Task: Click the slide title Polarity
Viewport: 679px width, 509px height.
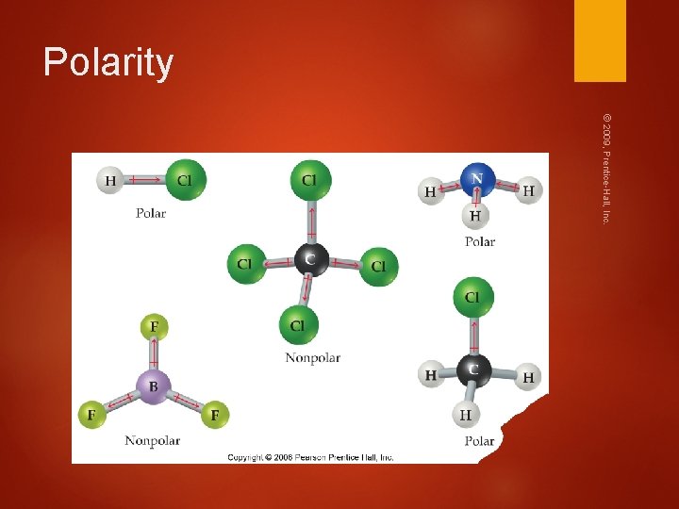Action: coord(108,62)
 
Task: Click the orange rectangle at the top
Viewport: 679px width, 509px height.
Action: coord(600,41)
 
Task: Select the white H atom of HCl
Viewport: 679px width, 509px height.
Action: coord(111,180)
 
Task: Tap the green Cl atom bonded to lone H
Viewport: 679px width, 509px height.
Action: coord(185,179)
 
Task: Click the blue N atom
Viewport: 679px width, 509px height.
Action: coord(478,178)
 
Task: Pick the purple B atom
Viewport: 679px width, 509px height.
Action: coord(153,385)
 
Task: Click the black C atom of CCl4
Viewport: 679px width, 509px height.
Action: coord(311,258)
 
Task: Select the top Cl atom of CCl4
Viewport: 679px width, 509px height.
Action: coord(310,179)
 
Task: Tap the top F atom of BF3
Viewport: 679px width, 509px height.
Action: coord(153,328)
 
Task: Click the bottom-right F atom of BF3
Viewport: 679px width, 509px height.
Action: coord(215,414)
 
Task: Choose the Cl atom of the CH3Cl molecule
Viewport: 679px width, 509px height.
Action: coord(472,298)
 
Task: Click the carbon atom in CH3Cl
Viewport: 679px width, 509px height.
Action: coord(473,369)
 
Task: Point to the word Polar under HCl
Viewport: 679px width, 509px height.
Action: coord(150,213)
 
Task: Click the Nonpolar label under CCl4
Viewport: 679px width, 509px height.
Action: coord(312,357)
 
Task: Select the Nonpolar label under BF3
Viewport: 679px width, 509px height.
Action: coord(153,440)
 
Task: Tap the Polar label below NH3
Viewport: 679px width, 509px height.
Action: coord(479,241)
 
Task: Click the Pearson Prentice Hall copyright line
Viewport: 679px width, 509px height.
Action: coord(310,457)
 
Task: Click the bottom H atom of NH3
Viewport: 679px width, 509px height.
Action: coord(474,216)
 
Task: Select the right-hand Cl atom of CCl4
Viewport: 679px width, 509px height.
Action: coord(378,266)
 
